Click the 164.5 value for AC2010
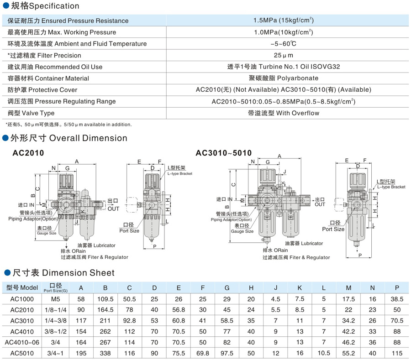pos(105,310)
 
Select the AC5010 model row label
pos(22,353)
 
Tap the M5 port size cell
pos(56,299)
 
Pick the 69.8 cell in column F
pos(203,353)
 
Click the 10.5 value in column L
pos(324,353)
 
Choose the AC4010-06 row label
pos(22,342)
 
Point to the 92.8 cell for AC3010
pos(130,321)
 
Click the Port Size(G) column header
pos(56,287)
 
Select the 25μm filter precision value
pos(283,55)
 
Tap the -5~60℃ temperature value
pos(283,44)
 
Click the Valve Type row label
pos(31,113)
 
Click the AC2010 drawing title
pos(28,153)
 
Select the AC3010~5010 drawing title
pos(224,153)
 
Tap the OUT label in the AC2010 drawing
pos(113,209)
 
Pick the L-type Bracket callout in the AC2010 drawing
pos(180,171)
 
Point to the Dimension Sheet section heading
pos(63,273)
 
